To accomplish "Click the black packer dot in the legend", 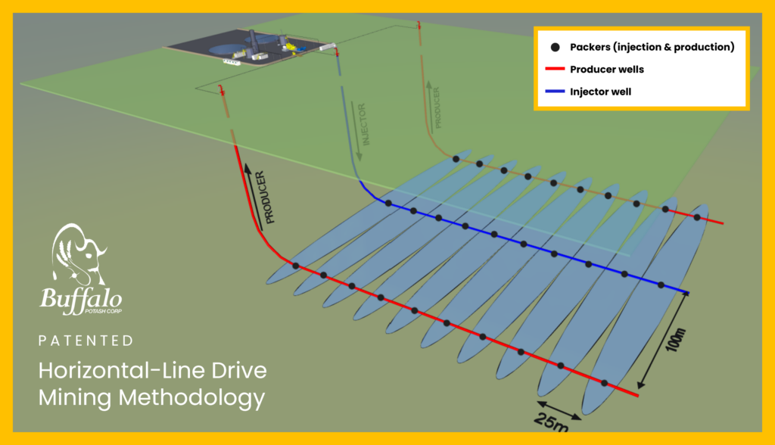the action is [555, 47].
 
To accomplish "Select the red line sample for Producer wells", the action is [555, 69].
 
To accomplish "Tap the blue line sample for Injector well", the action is [555, 92].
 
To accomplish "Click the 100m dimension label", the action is [676, 340].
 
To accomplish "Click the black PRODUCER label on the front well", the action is [266, 198].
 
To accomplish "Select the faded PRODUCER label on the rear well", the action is [437, 107].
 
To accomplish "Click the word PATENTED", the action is [86, 341].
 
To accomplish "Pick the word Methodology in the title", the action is [191, 397].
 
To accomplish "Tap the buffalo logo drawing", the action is [78, 254].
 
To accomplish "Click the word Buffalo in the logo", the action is [80, 299].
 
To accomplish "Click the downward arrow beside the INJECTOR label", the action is [356, 131].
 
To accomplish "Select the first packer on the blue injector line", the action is [388, 204].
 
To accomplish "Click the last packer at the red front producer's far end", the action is [604, 383].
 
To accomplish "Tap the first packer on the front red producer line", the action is [296, 266].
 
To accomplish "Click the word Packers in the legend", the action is [590, 47].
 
